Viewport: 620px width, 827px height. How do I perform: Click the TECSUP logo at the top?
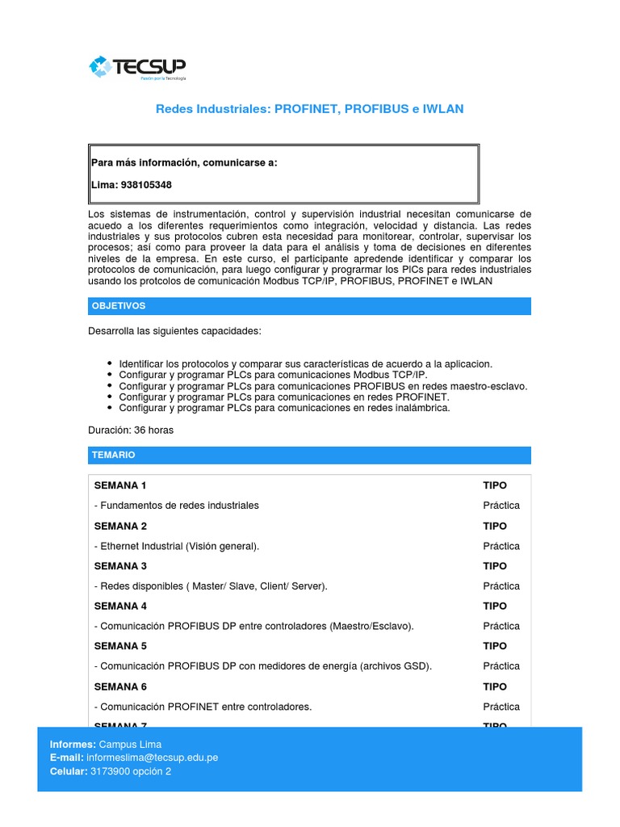(x=138, y=68)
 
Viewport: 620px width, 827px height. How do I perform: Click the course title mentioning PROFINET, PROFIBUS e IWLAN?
(x=309, y=109)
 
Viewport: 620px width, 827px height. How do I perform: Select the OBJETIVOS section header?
(x=119, y=306)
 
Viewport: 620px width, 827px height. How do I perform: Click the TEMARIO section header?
(x=114, y=455)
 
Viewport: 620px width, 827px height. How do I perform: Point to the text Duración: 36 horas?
(x=131, y=430)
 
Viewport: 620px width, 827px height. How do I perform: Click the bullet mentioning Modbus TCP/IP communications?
(x=273, y=375)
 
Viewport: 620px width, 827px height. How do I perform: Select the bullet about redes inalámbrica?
(x=284, y=408)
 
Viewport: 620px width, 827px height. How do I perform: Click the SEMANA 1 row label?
(x=120, y=485)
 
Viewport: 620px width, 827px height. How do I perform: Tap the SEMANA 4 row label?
(x=120, y=606)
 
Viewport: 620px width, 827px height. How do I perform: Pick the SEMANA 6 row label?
(x=120, y=686)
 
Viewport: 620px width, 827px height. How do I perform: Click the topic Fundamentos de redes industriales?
(x=177, y=506)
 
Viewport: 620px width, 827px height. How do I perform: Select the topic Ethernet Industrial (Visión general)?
(x=177, y=546)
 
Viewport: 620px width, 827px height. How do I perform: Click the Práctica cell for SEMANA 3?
(x=501, y=586)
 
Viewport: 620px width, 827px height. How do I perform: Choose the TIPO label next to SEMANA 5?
(x=495, y=646)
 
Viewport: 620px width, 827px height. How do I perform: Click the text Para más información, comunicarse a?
(x=184, y=162)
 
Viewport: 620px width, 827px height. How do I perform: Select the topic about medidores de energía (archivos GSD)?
(x=263, y=666)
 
